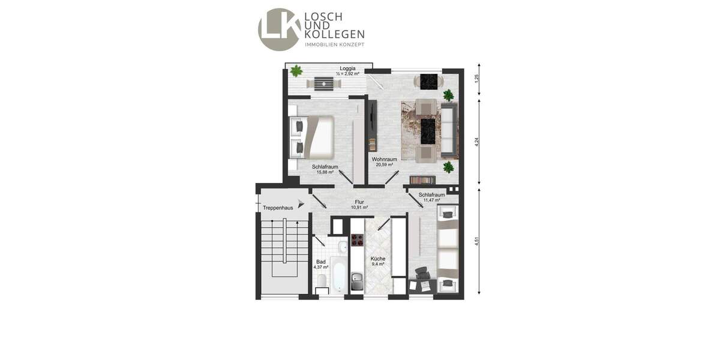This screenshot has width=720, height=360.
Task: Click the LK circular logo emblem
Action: pos(279,29)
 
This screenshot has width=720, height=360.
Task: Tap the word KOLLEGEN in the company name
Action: pos(334,35)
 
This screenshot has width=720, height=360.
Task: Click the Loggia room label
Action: pos(347,68)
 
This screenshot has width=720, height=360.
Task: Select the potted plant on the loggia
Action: pos(296,71)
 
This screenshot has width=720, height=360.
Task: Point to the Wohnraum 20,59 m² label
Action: pos(384,161)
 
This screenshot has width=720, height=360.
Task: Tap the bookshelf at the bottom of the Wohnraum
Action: pos(422,180)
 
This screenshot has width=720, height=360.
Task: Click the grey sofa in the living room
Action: pos(449,128)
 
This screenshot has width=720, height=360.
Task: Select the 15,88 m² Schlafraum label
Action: pos(325,169)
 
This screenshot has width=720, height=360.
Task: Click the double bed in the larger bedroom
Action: pos(311,136)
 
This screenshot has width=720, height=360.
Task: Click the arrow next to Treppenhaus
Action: pos(293,204)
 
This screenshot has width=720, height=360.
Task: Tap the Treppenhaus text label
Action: pos(278,208)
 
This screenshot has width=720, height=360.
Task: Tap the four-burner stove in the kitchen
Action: pos(357,240)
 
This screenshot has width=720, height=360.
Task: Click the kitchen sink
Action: pos(356,280)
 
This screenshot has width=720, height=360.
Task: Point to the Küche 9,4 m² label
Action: pos(377,261)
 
